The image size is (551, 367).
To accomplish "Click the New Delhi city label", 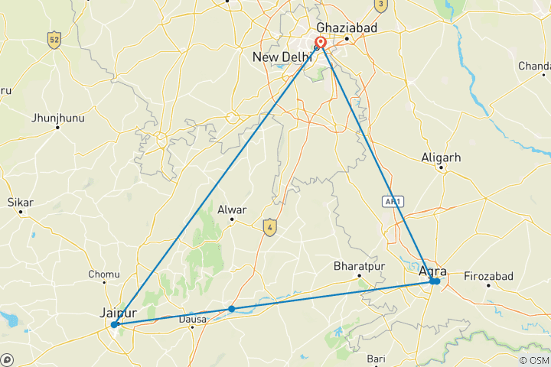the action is pos(283,57).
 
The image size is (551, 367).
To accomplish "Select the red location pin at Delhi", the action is pos(321,44).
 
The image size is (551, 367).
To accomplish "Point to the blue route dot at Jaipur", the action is pos(114,325).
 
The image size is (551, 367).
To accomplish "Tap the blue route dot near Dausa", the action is pos(231,309).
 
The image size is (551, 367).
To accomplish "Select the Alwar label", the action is pos(233,209).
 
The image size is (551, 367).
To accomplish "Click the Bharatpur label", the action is pos(358,267).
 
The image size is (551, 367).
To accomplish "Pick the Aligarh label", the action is pos(442,158).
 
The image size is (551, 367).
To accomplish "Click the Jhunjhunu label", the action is pos(57,118).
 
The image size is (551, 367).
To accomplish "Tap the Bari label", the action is pos(376,358).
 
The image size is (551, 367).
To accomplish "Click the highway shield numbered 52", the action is pos(53,40).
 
